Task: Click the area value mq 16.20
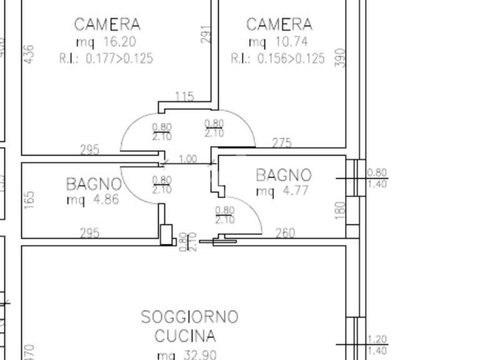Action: tap(106, 42)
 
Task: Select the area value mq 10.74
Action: tap(278, 42)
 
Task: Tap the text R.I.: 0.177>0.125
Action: tap(106, 59)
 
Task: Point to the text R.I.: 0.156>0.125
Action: tap(277, 59)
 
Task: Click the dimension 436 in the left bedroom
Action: tap(29, 54)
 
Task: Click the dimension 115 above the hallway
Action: tap(184, 97)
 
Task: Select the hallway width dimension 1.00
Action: tap(188, 159)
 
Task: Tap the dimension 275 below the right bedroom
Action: tap(282, 142)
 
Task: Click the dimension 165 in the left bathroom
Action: tap(29, 200)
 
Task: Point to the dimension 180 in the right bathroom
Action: tap(341, 210)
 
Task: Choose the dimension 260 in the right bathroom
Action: tap(285, 232)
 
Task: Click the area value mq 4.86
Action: tap(93, 200)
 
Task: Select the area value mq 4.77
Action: tap(282, 191)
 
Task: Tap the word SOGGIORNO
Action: tap(189, 317)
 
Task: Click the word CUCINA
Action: tap(185, 336)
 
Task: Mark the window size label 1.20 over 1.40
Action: tap(377, 344)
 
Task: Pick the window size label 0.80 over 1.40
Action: tap(377, 179)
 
